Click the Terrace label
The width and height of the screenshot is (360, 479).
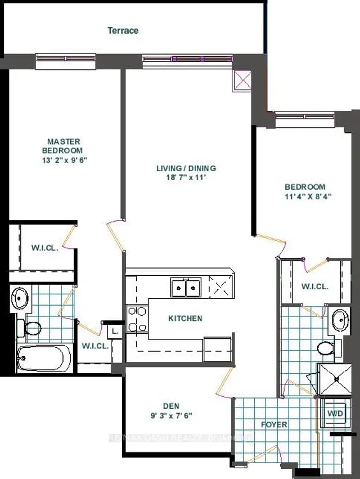coord(123,30)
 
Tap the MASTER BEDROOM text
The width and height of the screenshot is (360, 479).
coord(64,146)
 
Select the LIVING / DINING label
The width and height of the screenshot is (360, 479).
coord(186,168)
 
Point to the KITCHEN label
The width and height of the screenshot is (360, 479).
coord(185,319)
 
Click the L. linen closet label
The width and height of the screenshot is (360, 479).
coord(114,332)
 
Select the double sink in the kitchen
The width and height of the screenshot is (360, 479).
coord(186,288)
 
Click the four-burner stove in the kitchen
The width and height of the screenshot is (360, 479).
coord(137,319)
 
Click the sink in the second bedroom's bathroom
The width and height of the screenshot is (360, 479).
coord(339,320)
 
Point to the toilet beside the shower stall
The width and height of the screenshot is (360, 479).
coord(326,348)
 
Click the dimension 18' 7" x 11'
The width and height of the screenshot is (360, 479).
coord(186,178)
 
